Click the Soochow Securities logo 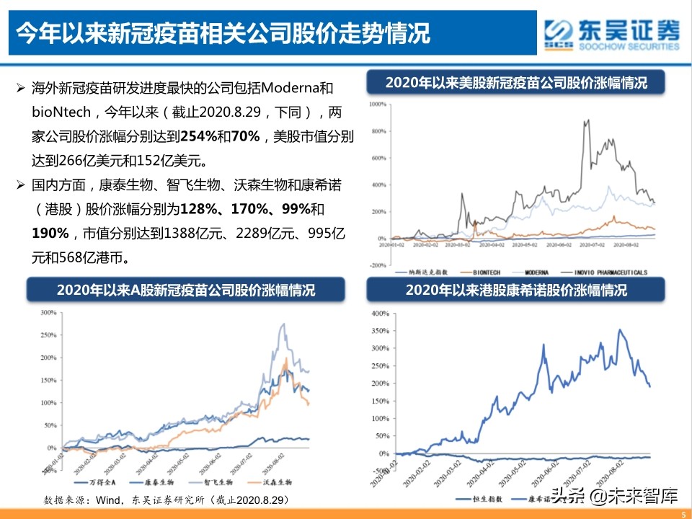pos(612,33)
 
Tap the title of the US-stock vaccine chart pos(515,82)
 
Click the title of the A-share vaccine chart pos(186,290)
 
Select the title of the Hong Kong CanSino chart pos(515,290)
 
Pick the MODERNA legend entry pos(537,272)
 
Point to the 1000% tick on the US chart pos(378,105)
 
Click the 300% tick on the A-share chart pos(48,313)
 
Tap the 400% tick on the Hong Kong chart pos(379,314)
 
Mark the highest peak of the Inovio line pos(587,120)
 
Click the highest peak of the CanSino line pos(619,330)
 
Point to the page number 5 pos(682,513)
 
